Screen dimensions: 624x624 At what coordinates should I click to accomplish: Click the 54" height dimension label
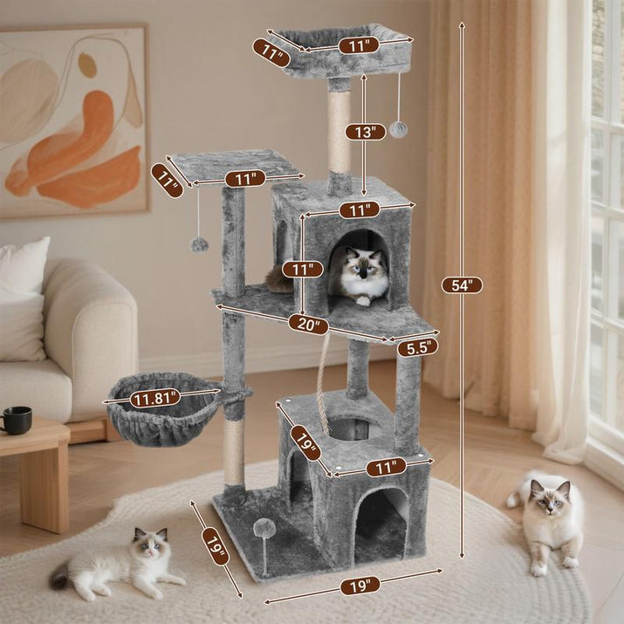tap(462, 285)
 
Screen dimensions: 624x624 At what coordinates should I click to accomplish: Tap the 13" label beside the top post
tap(365, 132)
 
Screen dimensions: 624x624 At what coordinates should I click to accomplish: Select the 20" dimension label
tap(309, 325)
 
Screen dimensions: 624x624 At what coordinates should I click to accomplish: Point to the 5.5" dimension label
tap(417, 347)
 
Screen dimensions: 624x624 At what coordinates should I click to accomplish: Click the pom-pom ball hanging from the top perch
tap(398, 129)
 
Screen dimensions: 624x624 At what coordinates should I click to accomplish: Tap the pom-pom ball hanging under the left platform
tap(200, 244)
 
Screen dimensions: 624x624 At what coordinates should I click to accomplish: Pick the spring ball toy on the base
tap(264, 529)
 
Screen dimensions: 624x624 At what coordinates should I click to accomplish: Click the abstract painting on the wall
tap(73, 120)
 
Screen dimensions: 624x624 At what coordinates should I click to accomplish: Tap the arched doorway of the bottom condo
tap(381, 524)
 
